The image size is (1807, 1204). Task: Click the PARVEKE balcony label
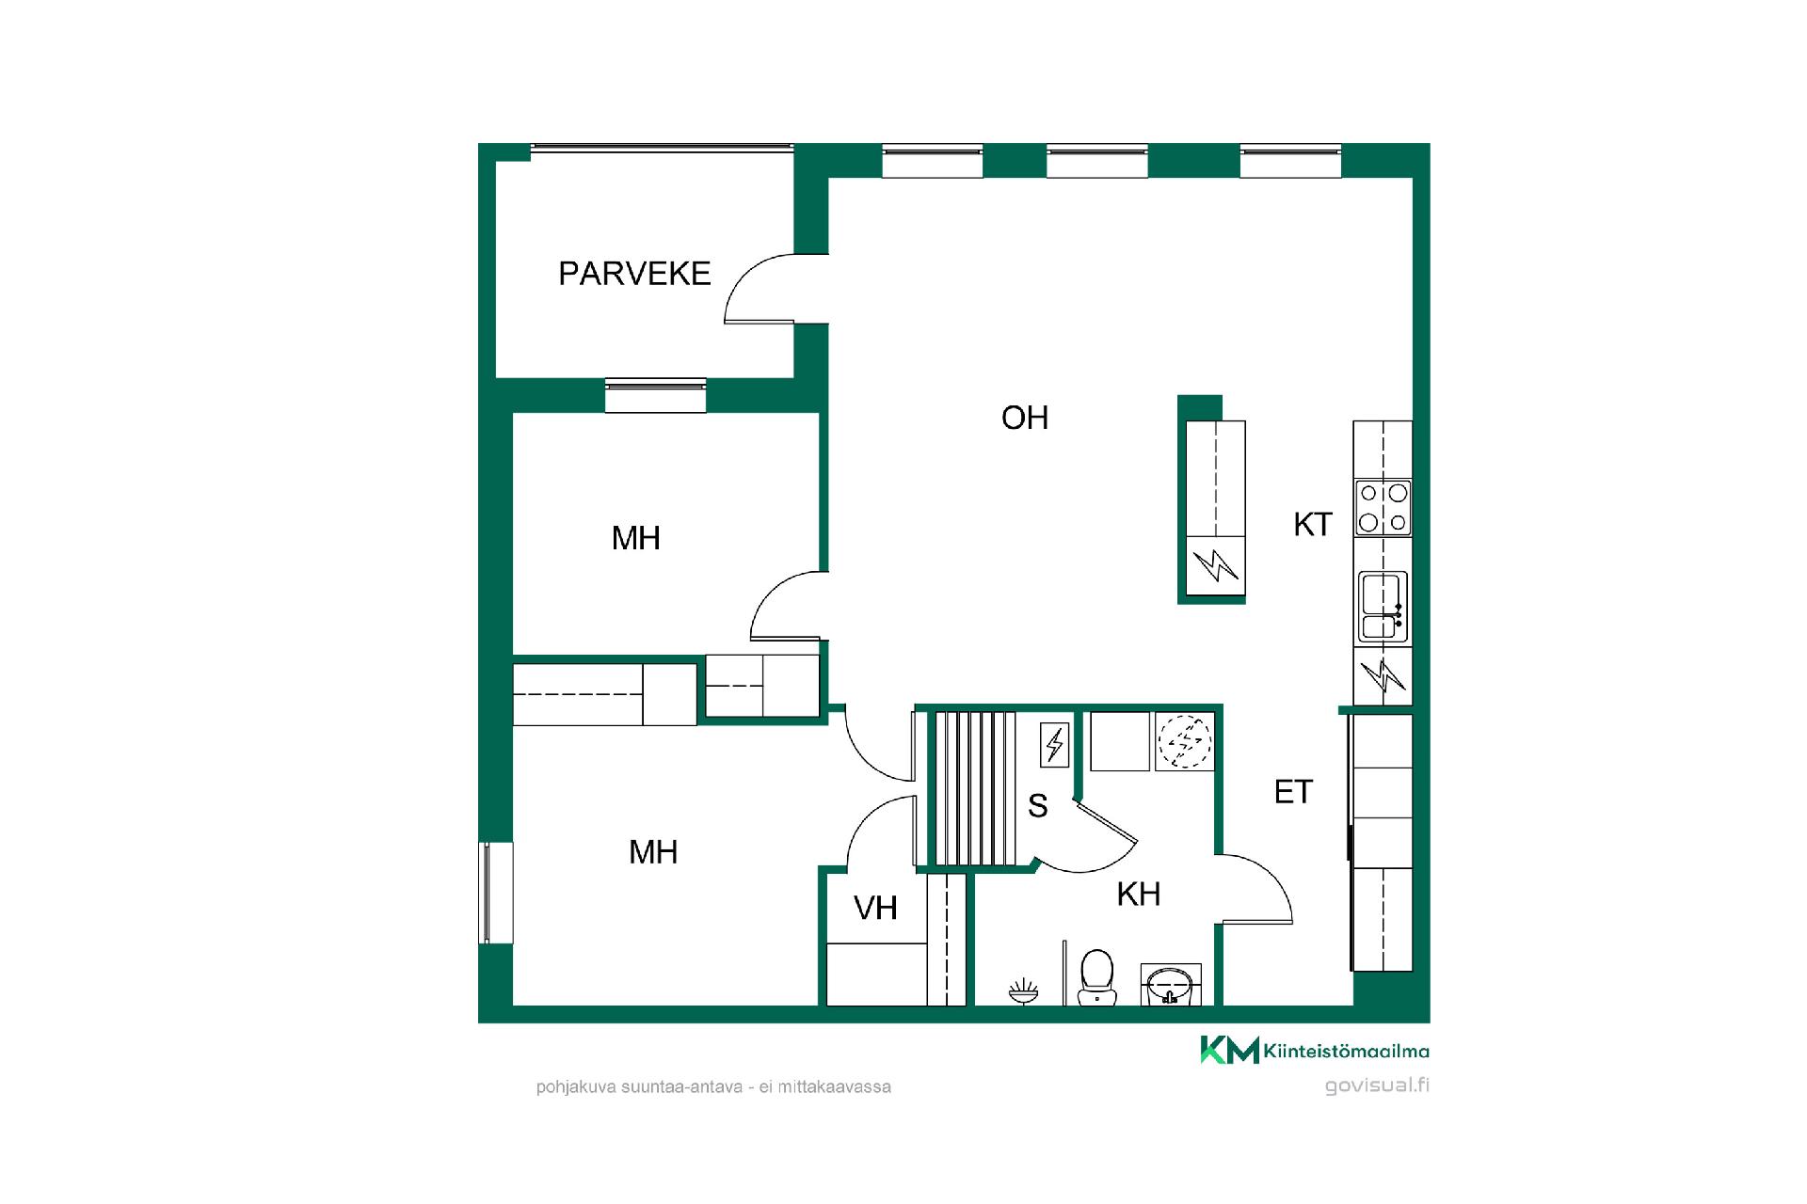click(x=634, y=274)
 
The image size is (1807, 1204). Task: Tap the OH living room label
click(x=1025, y=418)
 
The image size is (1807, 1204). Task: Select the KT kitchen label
click(x=1313, y=525)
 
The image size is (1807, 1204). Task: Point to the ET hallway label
click(x=1293, y=792)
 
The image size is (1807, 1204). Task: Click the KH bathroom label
click(x=1139, y=895)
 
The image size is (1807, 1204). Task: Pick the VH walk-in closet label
click(x=875, y=909)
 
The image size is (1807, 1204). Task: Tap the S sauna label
click(x=1038, y=806)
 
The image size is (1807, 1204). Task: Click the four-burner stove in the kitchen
click(x=1383, y=508)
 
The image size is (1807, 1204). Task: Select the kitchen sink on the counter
click(x=1383, y=607)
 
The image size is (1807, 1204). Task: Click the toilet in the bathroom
click(x=1095, y=975)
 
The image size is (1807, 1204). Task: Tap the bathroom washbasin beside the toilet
click(x=1171, y=983)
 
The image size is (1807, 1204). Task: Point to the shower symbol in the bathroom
click(x=1023, y=990)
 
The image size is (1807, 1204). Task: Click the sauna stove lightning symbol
click(x=1054, y=745)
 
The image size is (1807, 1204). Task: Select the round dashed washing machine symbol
click(x=1185, y=742)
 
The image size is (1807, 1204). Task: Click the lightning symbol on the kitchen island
click(x=1215, y=565)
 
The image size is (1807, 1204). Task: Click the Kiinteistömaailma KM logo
click(x=1314, y=1050)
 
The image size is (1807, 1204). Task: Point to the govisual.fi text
click(x=1377, y=1085)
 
